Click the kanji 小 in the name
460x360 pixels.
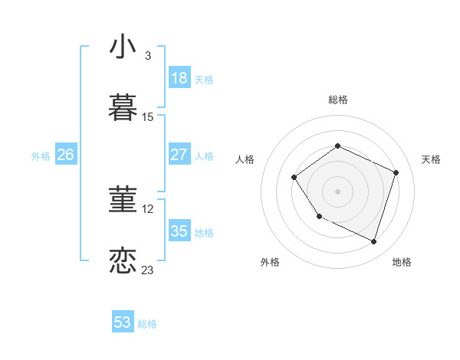123,47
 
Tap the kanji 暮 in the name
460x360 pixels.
123,108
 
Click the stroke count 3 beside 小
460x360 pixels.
147,56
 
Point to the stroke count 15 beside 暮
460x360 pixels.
148,117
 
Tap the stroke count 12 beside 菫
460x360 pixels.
148,208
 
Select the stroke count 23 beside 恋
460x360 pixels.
148,270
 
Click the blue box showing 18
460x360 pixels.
179,78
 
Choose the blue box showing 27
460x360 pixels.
179,155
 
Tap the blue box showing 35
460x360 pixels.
179,231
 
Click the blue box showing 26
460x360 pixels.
65,155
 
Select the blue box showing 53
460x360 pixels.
123,322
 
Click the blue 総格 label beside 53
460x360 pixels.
147,324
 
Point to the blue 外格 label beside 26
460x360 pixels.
41,156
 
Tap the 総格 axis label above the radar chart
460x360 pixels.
338,100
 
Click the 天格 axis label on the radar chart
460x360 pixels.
432,159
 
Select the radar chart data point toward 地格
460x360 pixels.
374,242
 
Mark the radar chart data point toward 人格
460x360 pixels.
294,178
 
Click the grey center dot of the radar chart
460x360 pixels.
338,191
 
